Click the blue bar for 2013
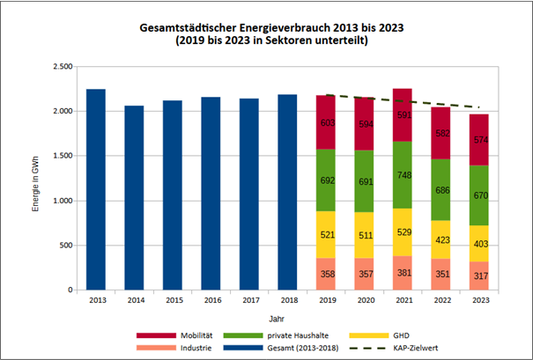click(96, 189)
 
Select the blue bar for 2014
click(134, 198)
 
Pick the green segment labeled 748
click(403, 175)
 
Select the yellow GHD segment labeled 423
click(441, 238)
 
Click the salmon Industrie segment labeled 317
click(479, 276)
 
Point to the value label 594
click(365, 124)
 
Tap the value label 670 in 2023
click(479, 195)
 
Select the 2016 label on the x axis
click(211, 300)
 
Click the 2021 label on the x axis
click(403, 300)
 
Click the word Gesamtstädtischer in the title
click(192, 28)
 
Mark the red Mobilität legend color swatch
click(157, 335)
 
